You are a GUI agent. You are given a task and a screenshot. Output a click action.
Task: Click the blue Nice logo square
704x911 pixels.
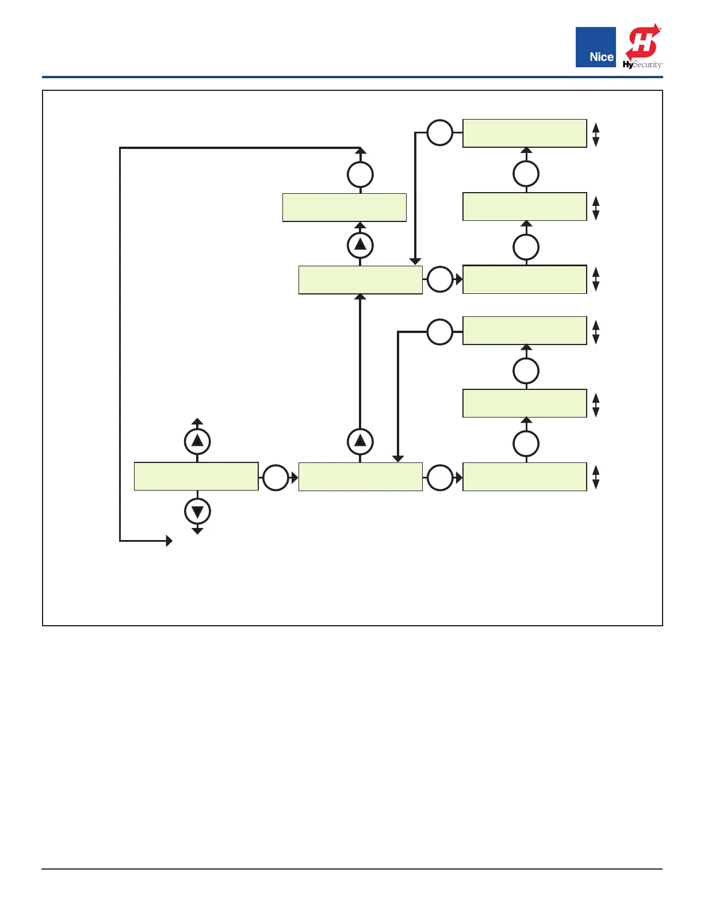click(595, 47)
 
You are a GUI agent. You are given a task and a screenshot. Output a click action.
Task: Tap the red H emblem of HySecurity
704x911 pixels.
click(642, 42)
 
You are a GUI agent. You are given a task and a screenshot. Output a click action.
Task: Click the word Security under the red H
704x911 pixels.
click(648, 65)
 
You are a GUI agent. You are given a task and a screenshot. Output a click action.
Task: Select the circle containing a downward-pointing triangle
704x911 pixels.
click(197, 511)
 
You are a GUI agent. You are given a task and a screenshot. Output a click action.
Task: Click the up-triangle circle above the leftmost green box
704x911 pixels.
click(197, 441)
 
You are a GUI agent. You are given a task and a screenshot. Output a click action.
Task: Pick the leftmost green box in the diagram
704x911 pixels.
click(196, 476)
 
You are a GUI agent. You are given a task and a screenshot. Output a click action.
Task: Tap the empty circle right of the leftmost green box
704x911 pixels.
click(276, 477)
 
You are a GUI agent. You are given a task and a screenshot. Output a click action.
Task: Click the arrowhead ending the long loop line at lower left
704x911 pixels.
click(169, 541)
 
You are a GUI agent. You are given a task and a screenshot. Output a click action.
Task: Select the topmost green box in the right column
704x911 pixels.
click(525, 133)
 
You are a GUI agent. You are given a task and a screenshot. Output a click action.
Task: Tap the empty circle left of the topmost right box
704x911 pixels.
click(440, 133)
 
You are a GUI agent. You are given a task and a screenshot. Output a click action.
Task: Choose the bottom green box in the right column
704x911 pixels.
click(525, 477)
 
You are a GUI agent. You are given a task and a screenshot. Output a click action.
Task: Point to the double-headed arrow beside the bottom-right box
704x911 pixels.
click(596, 477)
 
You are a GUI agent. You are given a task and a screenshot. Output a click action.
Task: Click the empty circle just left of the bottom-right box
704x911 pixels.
click(440, 478)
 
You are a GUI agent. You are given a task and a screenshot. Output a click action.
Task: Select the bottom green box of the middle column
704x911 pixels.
click(361, 477)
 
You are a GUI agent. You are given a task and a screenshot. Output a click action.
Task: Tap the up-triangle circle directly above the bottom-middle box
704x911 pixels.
click(361, 441)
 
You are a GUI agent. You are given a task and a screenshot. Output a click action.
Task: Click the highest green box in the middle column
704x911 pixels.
click(345, 208)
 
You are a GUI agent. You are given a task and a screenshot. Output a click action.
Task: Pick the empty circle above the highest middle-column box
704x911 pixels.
click(361, 174)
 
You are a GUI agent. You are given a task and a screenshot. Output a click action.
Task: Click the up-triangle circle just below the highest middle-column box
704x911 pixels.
click(361, 245)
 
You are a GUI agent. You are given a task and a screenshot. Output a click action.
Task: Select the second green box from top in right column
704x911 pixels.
click(525, 206)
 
